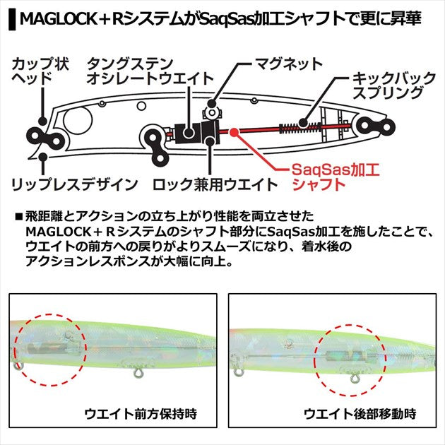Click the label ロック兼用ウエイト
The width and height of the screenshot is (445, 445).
tap(215, 185)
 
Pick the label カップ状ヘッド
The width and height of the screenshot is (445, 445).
tap(32, 71)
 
